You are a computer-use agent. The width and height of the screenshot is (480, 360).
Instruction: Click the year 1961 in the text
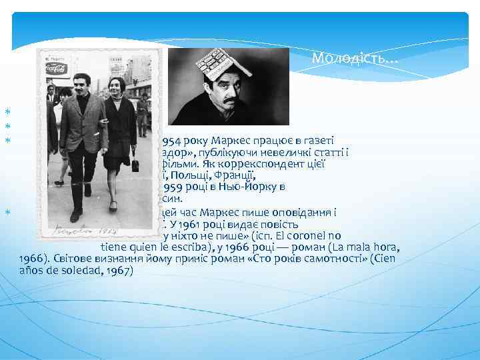(194, 223)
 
